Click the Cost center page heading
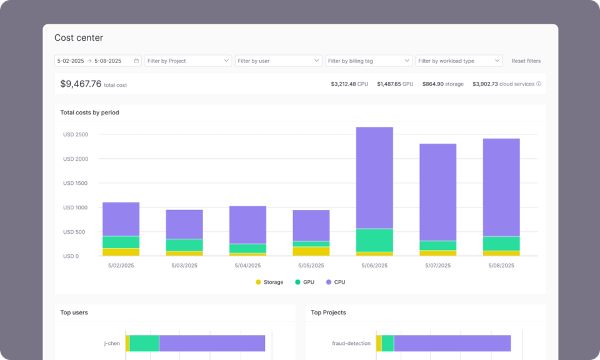coord(79,38)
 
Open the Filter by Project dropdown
coord(188,61)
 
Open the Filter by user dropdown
coord(278,61)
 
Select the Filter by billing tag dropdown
coord(368,61)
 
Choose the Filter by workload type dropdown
coord(459,61)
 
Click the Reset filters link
coord(526,61)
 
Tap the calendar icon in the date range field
coord(136,61)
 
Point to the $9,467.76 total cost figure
coord(81,84)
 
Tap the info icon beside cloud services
coord(539,84)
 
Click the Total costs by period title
coord(89,112)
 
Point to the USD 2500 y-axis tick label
coord(76,134)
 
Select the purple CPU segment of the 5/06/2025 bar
coord(374,177)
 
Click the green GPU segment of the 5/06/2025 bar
coord(374,240)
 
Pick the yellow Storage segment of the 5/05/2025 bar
coord(311,251)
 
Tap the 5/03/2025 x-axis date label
coord(184,266)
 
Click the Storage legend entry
coord(269,282)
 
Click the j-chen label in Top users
coord(112,343)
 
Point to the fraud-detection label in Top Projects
coord(351,343)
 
